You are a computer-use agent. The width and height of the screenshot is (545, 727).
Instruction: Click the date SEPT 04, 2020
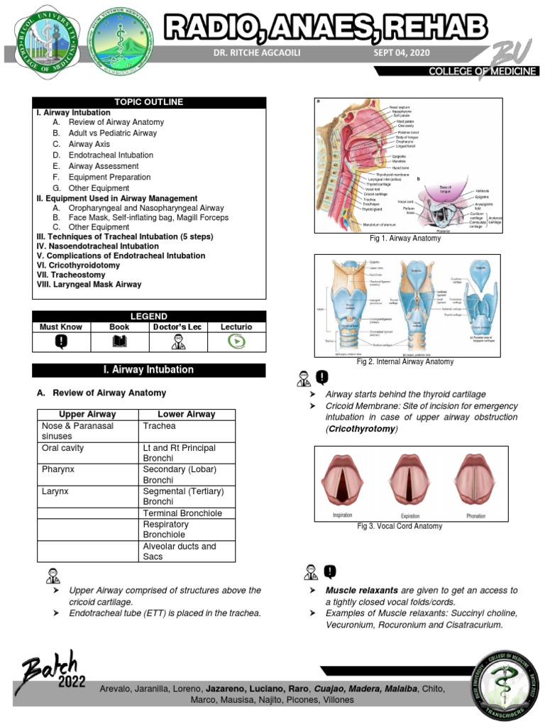[401, 54]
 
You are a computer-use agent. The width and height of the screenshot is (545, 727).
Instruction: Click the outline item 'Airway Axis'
[89, 144]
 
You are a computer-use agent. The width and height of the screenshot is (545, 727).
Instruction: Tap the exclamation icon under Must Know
[61, 341]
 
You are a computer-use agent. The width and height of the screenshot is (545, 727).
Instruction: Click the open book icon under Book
[119, 341]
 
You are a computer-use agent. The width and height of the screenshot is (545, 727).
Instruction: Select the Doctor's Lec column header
[178, 327]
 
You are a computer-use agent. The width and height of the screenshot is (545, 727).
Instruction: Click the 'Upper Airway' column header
[87, 414]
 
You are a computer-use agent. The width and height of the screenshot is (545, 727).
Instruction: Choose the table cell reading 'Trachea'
[159, 426]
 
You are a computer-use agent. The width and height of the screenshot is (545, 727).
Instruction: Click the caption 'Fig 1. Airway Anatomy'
[404, 239]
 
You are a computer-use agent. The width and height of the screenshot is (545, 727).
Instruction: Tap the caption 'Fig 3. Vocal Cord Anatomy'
[400, 526]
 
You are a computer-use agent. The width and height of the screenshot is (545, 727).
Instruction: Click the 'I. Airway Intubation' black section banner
[149, 370]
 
